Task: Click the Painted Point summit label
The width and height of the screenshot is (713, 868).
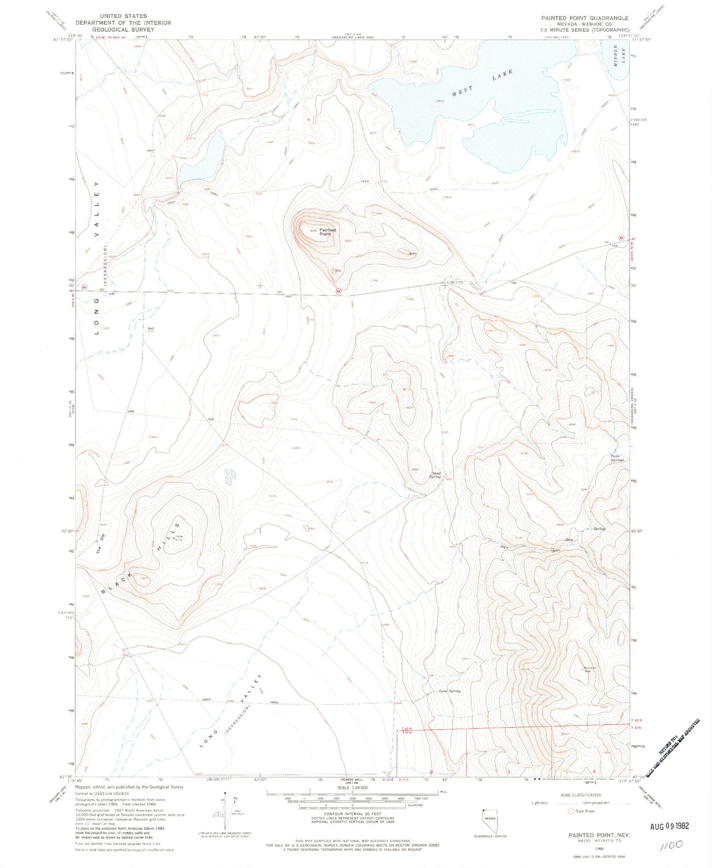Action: pos(327,232)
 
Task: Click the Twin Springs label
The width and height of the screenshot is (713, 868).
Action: pos(617,457)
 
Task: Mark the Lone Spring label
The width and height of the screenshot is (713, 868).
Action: pos(450,691)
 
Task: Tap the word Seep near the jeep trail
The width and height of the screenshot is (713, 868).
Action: pos(569,540)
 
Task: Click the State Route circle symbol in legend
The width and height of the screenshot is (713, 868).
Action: pos(571,811)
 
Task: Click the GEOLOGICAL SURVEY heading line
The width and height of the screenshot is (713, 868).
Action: pos(123,29)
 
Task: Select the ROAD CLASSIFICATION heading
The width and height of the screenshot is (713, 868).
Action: pos(580,795)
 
